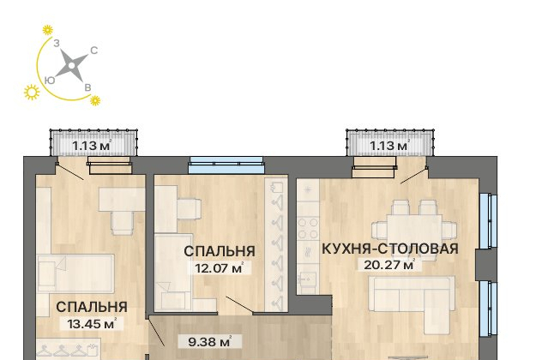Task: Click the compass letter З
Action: tap(57, 44)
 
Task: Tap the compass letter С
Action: tap(94, 51)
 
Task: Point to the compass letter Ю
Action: tap(50, 81)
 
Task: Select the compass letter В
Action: tap(88, 87)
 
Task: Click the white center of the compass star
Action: tap(72, 65)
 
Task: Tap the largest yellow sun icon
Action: tap(32, 93)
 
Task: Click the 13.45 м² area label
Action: tap(92, 324)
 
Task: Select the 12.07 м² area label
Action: tap(220, 268)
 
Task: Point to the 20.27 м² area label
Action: tap(389, 265)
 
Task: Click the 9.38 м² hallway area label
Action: tap(210, 342)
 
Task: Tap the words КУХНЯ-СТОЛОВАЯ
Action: tap(389, 249)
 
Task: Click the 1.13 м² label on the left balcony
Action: tap(92, 145)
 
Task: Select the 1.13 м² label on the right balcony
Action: tap(389, 145)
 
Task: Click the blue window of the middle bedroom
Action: tap(226, 165)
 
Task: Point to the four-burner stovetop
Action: tap(308, 228)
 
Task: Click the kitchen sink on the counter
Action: tap(308, 279)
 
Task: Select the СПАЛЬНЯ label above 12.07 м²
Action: tap(220, 251)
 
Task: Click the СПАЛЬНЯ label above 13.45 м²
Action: tap(92, 307)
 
